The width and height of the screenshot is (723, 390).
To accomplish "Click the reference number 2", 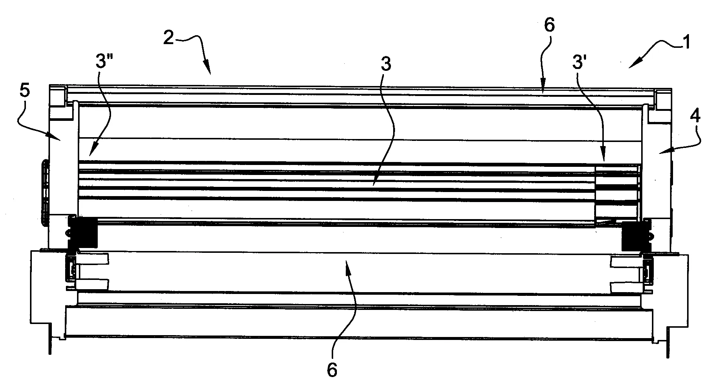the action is (168, 38).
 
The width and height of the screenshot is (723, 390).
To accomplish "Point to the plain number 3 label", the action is (386, 65).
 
